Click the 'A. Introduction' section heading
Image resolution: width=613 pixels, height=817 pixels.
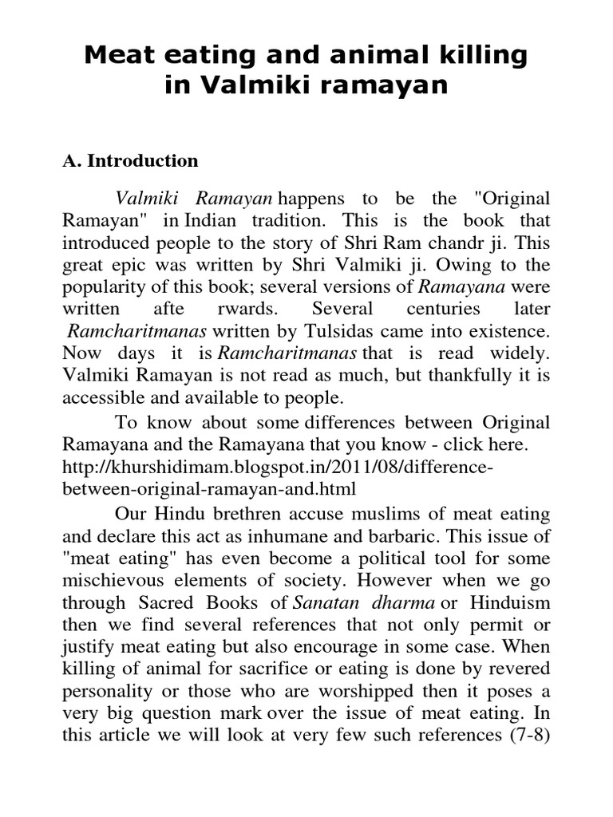pos(130,160)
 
